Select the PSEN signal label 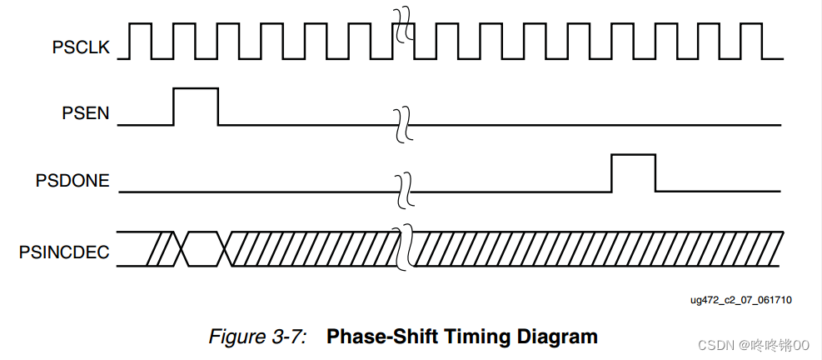pyautogui.click(x=86, y=112)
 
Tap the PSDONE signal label pyautogui.click(x=72, y=179)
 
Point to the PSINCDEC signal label pyautogui.click(x=64, y=251)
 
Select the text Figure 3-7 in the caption pyautogui.click(x=256, y=337)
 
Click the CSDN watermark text pyautogui.click(x=714, y=344)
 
